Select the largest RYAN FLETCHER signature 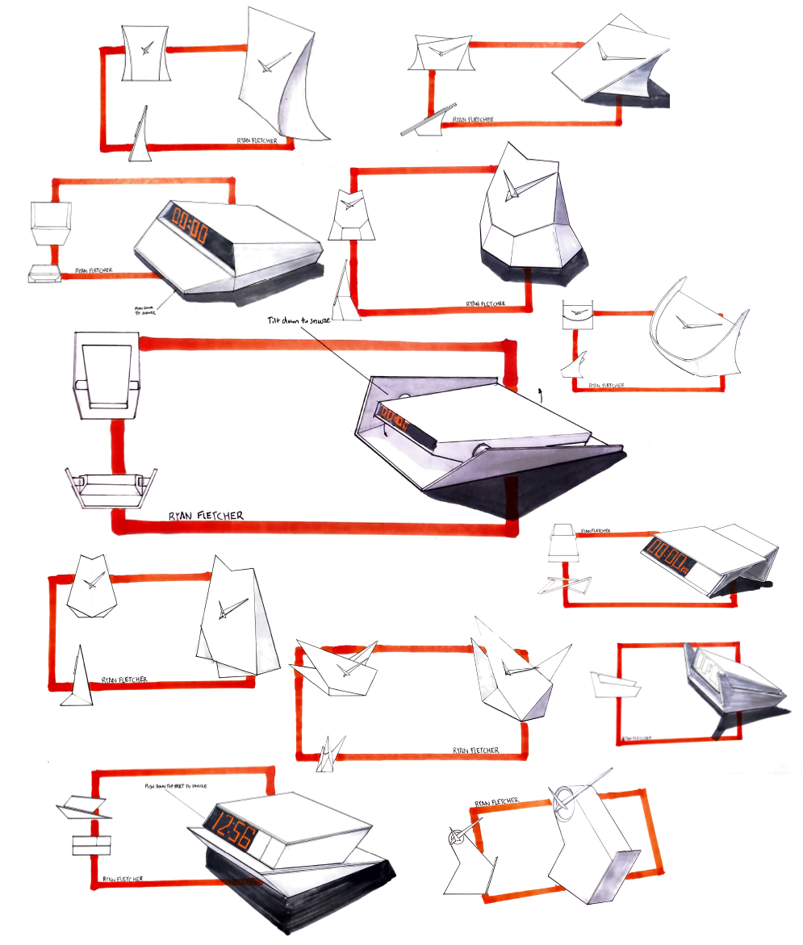click(207, 515)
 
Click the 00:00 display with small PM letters click(666, 557)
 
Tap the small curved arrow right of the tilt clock click(539, 393)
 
